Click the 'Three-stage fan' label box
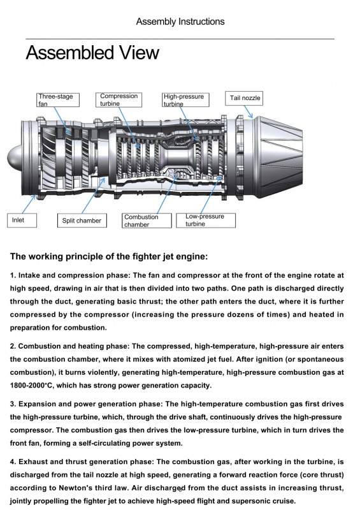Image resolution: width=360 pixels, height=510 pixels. [58, 100]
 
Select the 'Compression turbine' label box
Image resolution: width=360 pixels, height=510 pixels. [119, 100]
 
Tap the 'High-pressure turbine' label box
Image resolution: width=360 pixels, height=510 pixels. [185, 100]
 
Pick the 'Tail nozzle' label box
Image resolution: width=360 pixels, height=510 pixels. [244, 98]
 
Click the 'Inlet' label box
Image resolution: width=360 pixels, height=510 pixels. [22, 220]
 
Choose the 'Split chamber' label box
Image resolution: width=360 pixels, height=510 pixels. [82, 221]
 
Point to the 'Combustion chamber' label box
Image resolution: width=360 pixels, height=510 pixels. [147, 221]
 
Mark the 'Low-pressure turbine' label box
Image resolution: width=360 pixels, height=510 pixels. [206, 220]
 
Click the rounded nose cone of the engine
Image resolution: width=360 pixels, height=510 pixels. [14, 158]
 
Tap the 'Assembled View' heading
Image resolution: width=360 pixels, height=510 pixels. [92, 53]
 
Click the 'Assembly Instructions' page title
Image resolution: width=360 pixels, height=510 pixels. [180, 22]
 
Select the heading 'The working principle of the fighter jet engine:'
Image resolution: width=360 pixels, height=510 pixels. [109, 257]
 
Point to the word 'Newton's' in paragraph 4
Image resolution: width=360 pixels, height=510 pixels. [73, 488]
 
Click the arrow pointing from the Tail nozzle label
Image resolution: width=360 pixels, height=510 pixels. [248, 112]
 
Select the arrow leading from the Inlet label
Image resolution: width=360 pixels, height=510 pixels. [29, 204]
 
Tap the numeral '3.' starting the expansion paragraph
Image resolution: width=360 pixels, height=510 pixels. [13, 404]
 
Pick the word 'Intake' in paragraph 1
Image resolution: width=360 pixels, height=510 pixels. [29, 275]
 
